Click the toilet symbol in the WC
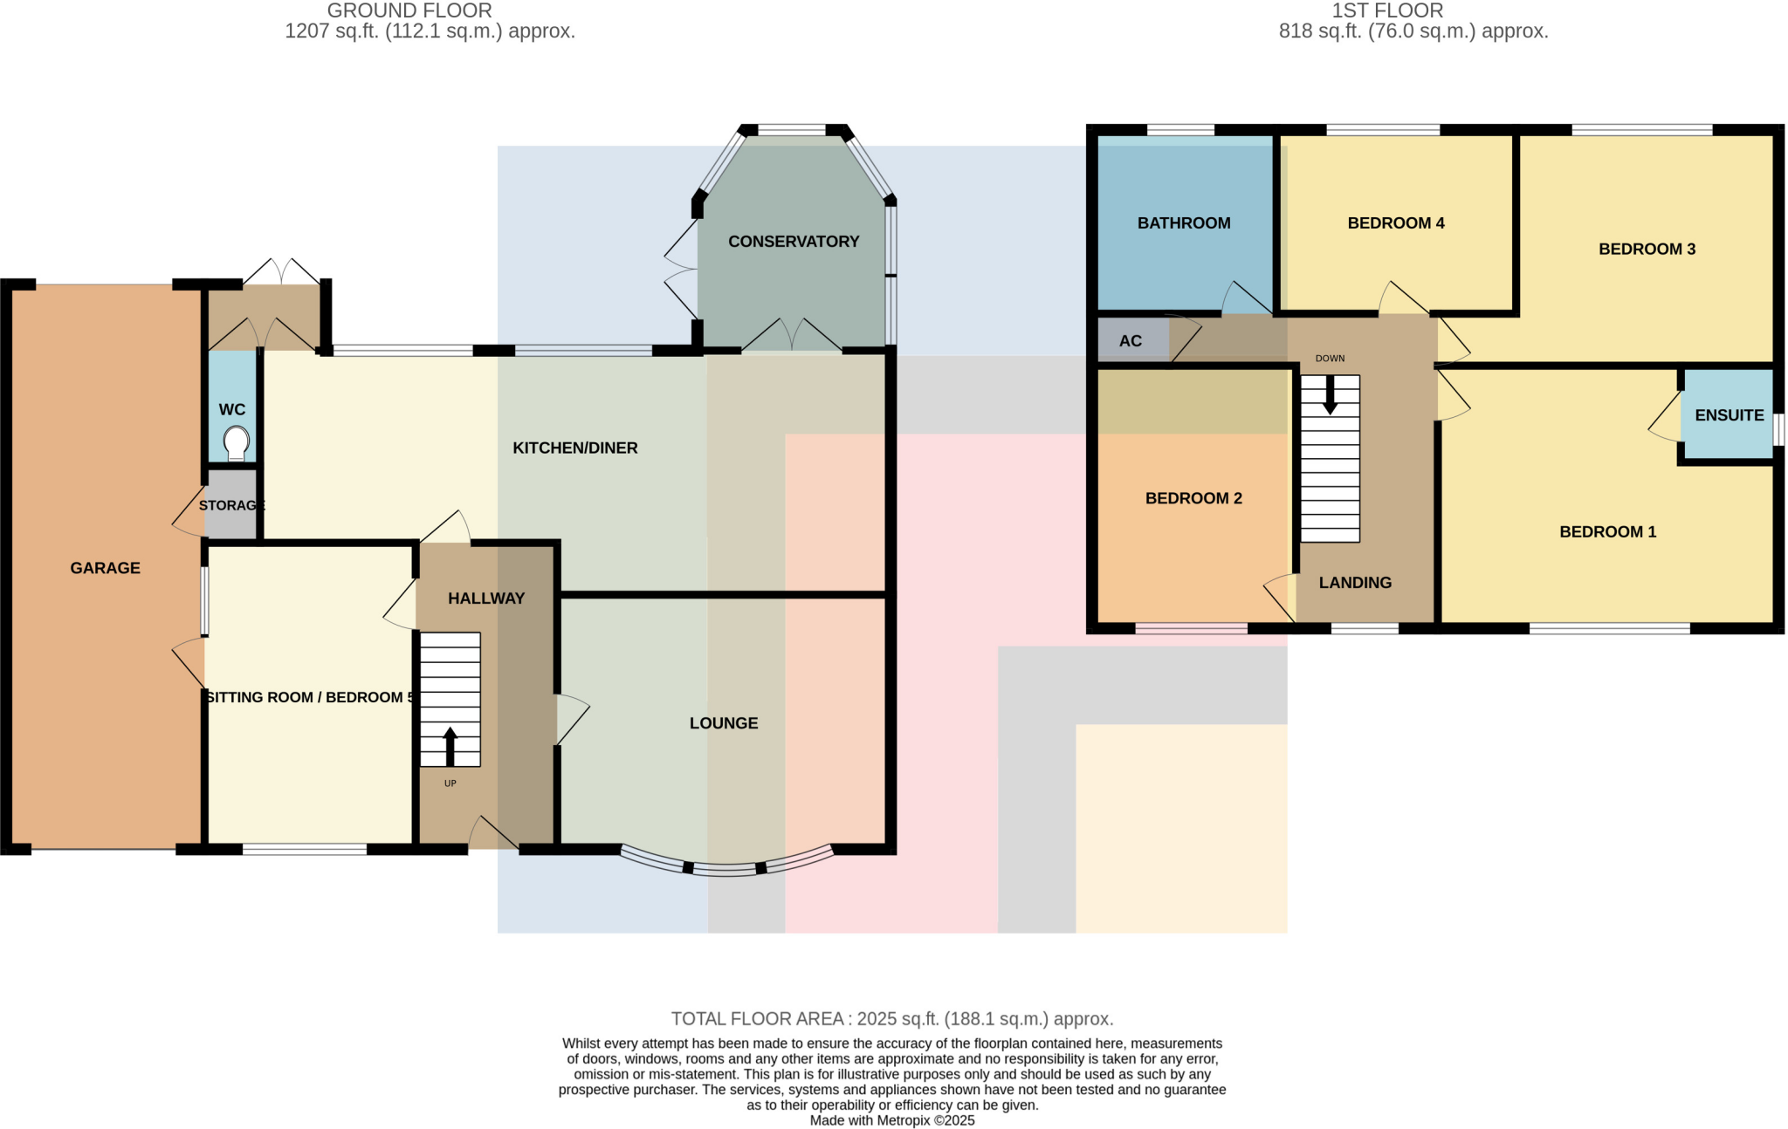236,442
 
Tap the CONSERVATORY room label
794,242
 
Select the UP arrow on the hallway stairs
450,747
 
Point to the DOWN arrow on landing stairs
1330,395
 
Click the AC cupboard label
1130,341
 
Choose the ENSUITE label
1729,415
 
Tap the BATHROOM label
1183,223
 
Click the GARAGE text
105,568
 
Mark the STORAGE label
231,505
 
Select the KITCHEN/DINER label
574,448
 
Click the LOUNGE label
723,723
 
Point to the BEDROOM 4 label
1395,223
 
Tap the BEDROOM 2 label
1193,498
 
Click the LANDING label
1354,583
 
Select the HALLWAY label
485,599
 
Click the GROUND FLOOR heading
409,10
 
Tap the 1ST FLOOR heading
1386,10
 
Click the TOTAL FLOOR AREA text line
891,1018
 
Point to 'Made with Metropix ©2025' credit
891,1120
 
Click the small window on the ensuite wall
1778,429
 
